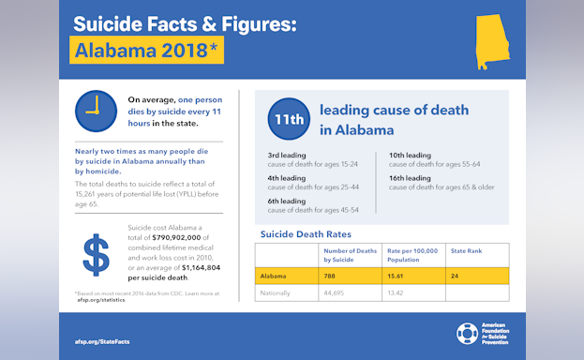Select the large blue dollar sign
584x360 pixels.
click(x=95, y=256)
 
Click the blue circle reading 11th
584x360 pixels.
click(x=288, y=120)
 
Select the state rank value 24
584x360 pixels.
click(x=455, y=277)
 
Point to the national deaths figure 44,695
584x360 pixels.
click(x=335, y=292)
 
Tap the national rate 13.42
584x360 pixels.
click(x=398, y=292)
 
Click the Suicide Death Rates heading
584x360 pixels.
click(x=305, y=233)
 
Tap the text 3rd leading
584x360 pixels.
click(x=287, y=155)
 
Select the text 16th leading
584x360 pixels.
click(x=410, y=178)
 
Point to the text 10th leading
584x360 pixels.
click(x=410, y=155)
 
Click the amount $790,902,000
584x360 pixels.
click(x=187, y=237)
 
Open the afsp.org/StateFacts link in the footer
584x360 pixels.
click(x=102, y=341)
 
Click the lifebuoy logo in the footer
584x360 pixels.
click(x=466, y=334)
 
